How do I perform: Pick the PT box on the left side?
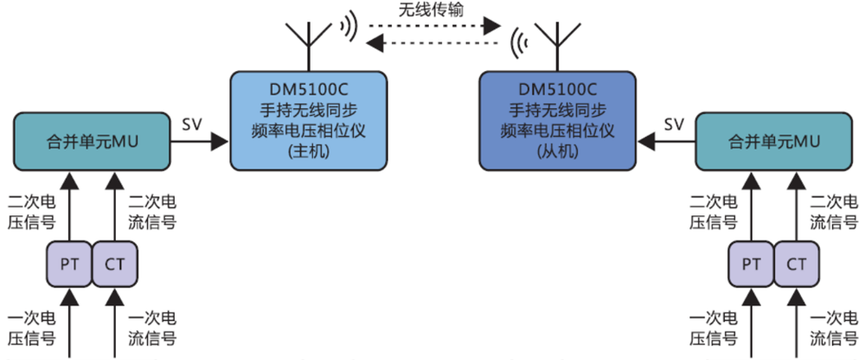click(69, 263)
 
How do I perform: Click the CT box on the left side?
click(114, 263)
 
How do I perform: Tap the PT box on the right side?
click(751, 263)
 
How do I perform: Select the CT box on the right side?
click(797, 263)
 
